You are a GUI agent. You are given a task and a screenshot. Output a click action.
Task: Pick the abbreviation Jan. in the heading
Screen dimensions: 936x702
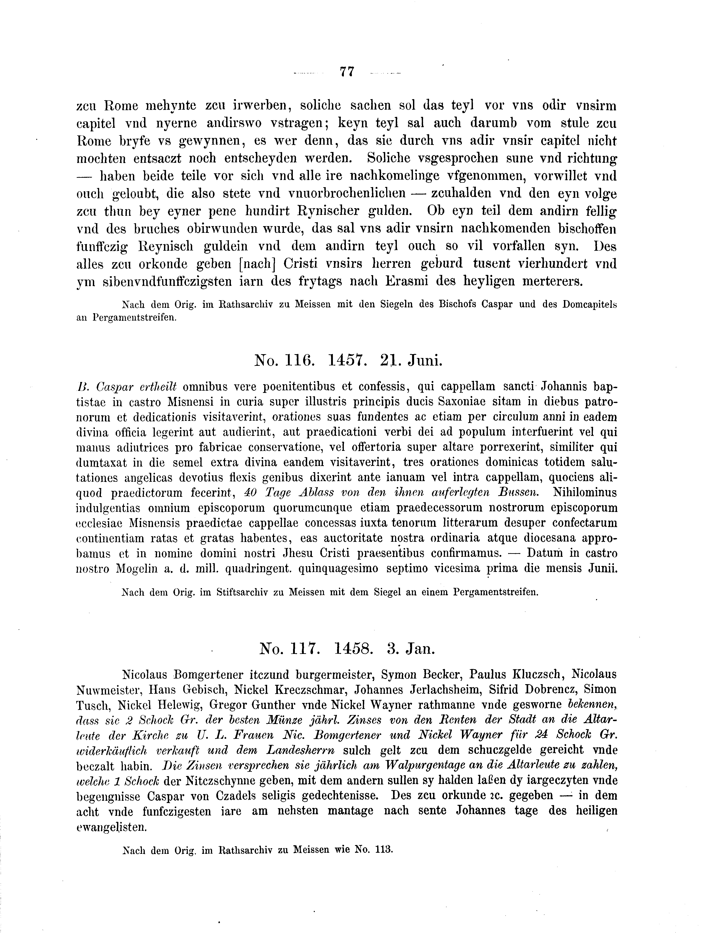[420, 648]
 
